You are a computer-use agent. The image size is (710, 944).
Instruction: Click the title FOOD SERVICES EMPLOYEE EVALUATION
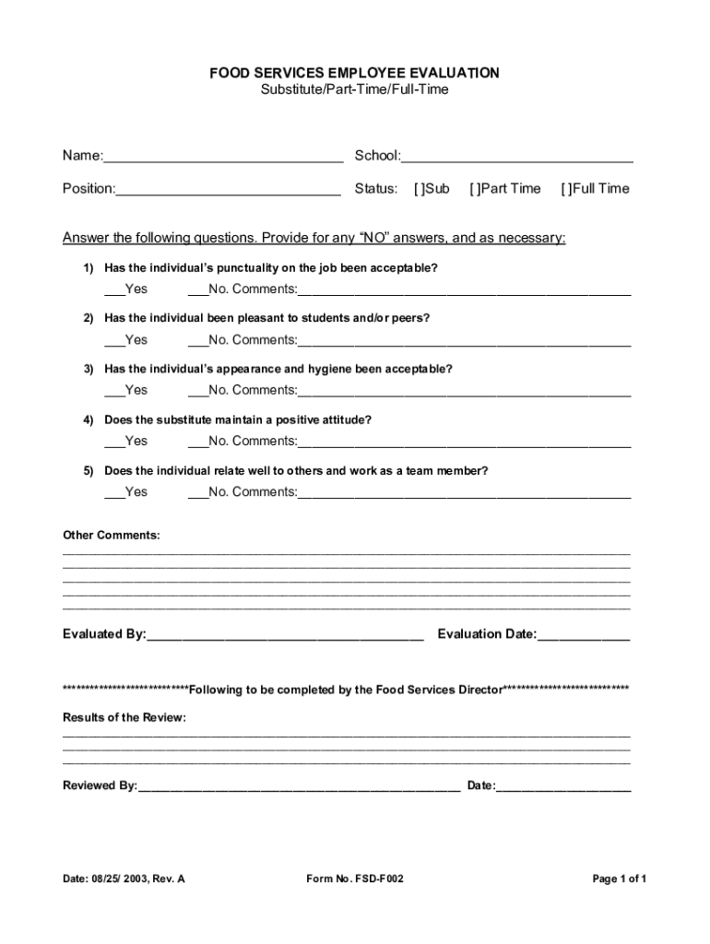point(354,73)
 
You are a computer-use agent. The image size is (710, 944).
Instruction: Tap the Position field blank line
point(228,190)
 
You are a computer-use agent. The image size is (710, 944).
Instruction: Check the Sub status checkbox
point(420,189)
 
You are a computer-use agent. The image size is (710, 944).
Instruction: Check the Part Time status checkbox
point(475,189)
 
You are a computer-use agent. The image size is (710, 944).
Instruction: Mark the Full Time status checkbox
point(566,189)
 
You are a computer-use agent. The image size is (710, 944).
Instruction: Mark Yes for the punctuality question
point(113,290)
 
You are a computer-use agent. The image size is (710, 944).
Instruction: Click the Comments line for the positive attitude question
point(464,442)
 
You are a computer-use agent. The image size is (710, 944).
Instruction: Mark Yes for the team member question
point(113,493)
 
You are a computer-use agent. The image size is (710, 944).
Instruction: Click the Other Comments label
point(111,536)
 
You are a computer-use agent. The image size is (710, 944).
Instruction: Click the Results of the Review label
point(124,718)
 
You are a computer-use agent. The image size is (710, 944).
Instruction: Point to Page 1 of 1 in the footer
point(619,879)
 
